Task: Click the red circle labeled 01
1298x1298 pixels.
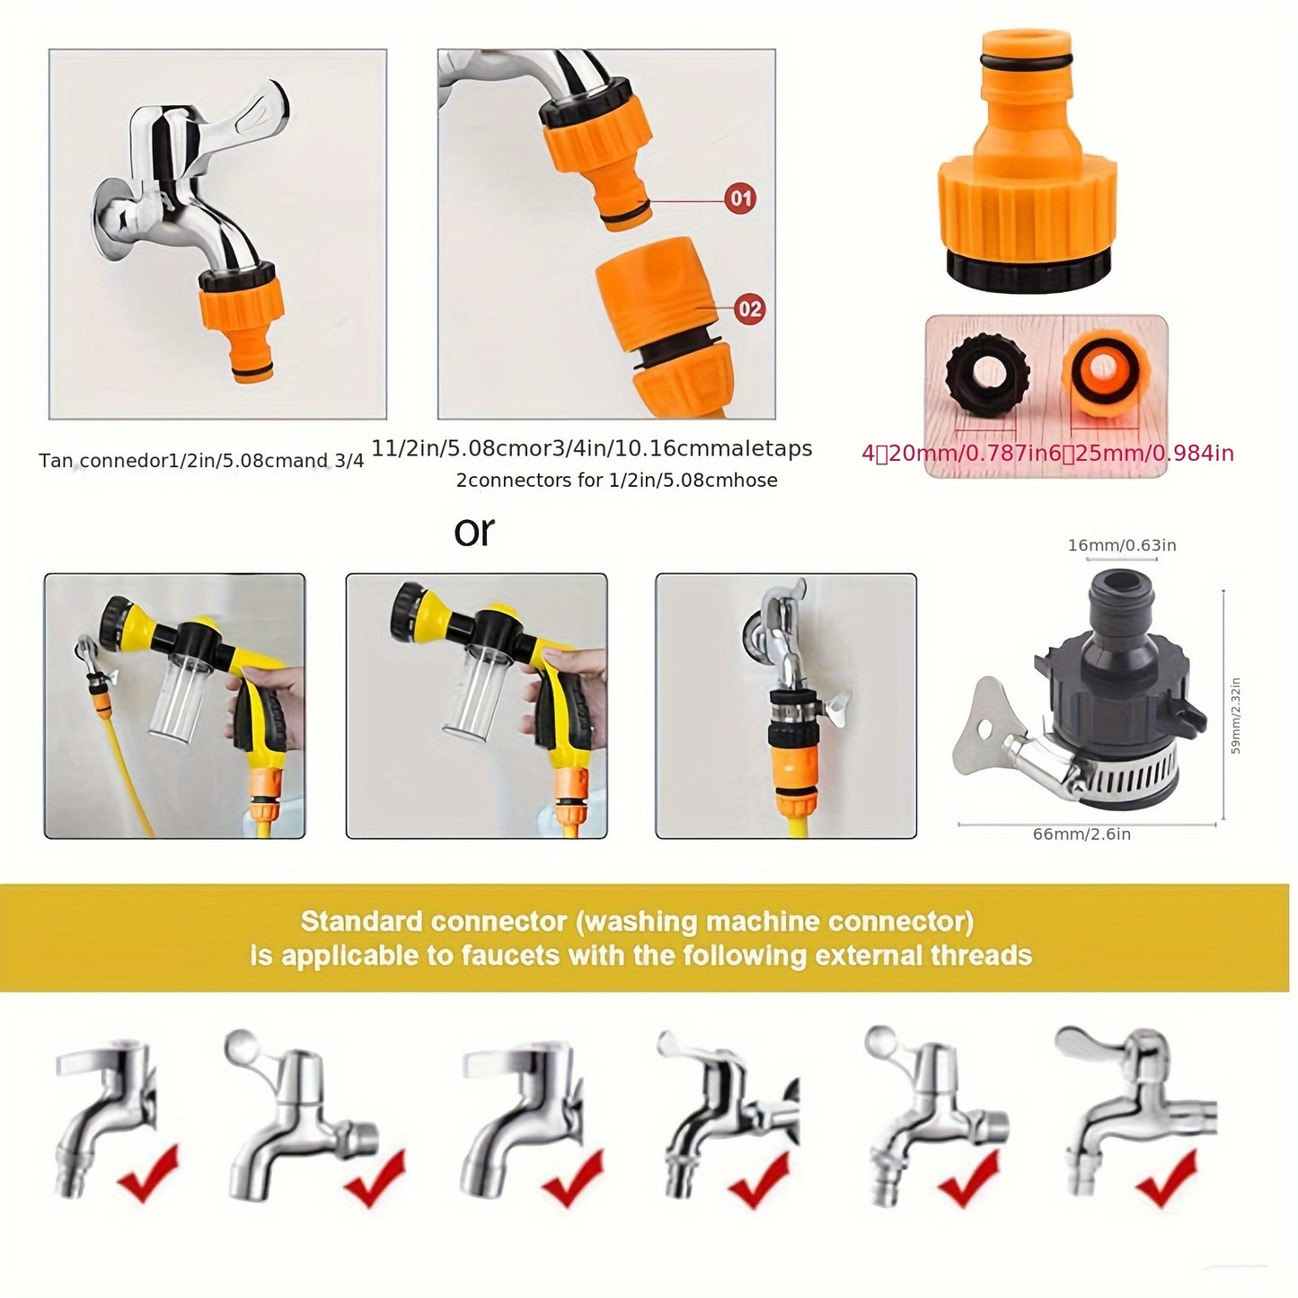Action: (x=740, y=198)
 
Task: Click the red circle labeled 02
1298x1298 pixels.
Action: (x=749, y=309)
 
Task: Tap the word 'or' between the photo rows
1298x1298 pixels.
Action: (x=473, y=531)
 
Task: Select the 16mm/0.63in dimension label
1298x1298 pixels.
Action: (x=1122, y=545)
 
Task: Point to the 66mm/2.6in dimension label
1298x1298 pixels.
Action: (x=1082, y=834)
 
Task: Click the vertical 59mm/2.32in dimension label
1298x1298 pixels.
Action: (x=1235, y=716)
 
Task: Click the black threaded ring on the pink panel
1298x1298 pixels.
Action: (x=986, y=373)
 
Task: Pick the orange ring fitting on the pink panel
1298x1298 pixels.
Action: (x=1102, y=373)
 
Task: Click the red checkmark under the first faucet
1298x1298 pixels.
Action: (x=148, y=1173)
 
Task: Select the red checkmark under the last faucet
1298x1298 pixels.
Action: (x=1166, y=1179)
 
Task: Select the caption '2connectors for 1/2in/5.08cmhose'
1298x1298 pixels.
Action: (x=616, y=481)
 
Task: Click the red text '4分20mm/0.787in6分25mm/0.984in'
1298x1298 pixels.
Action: (x=1047, y=454)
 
